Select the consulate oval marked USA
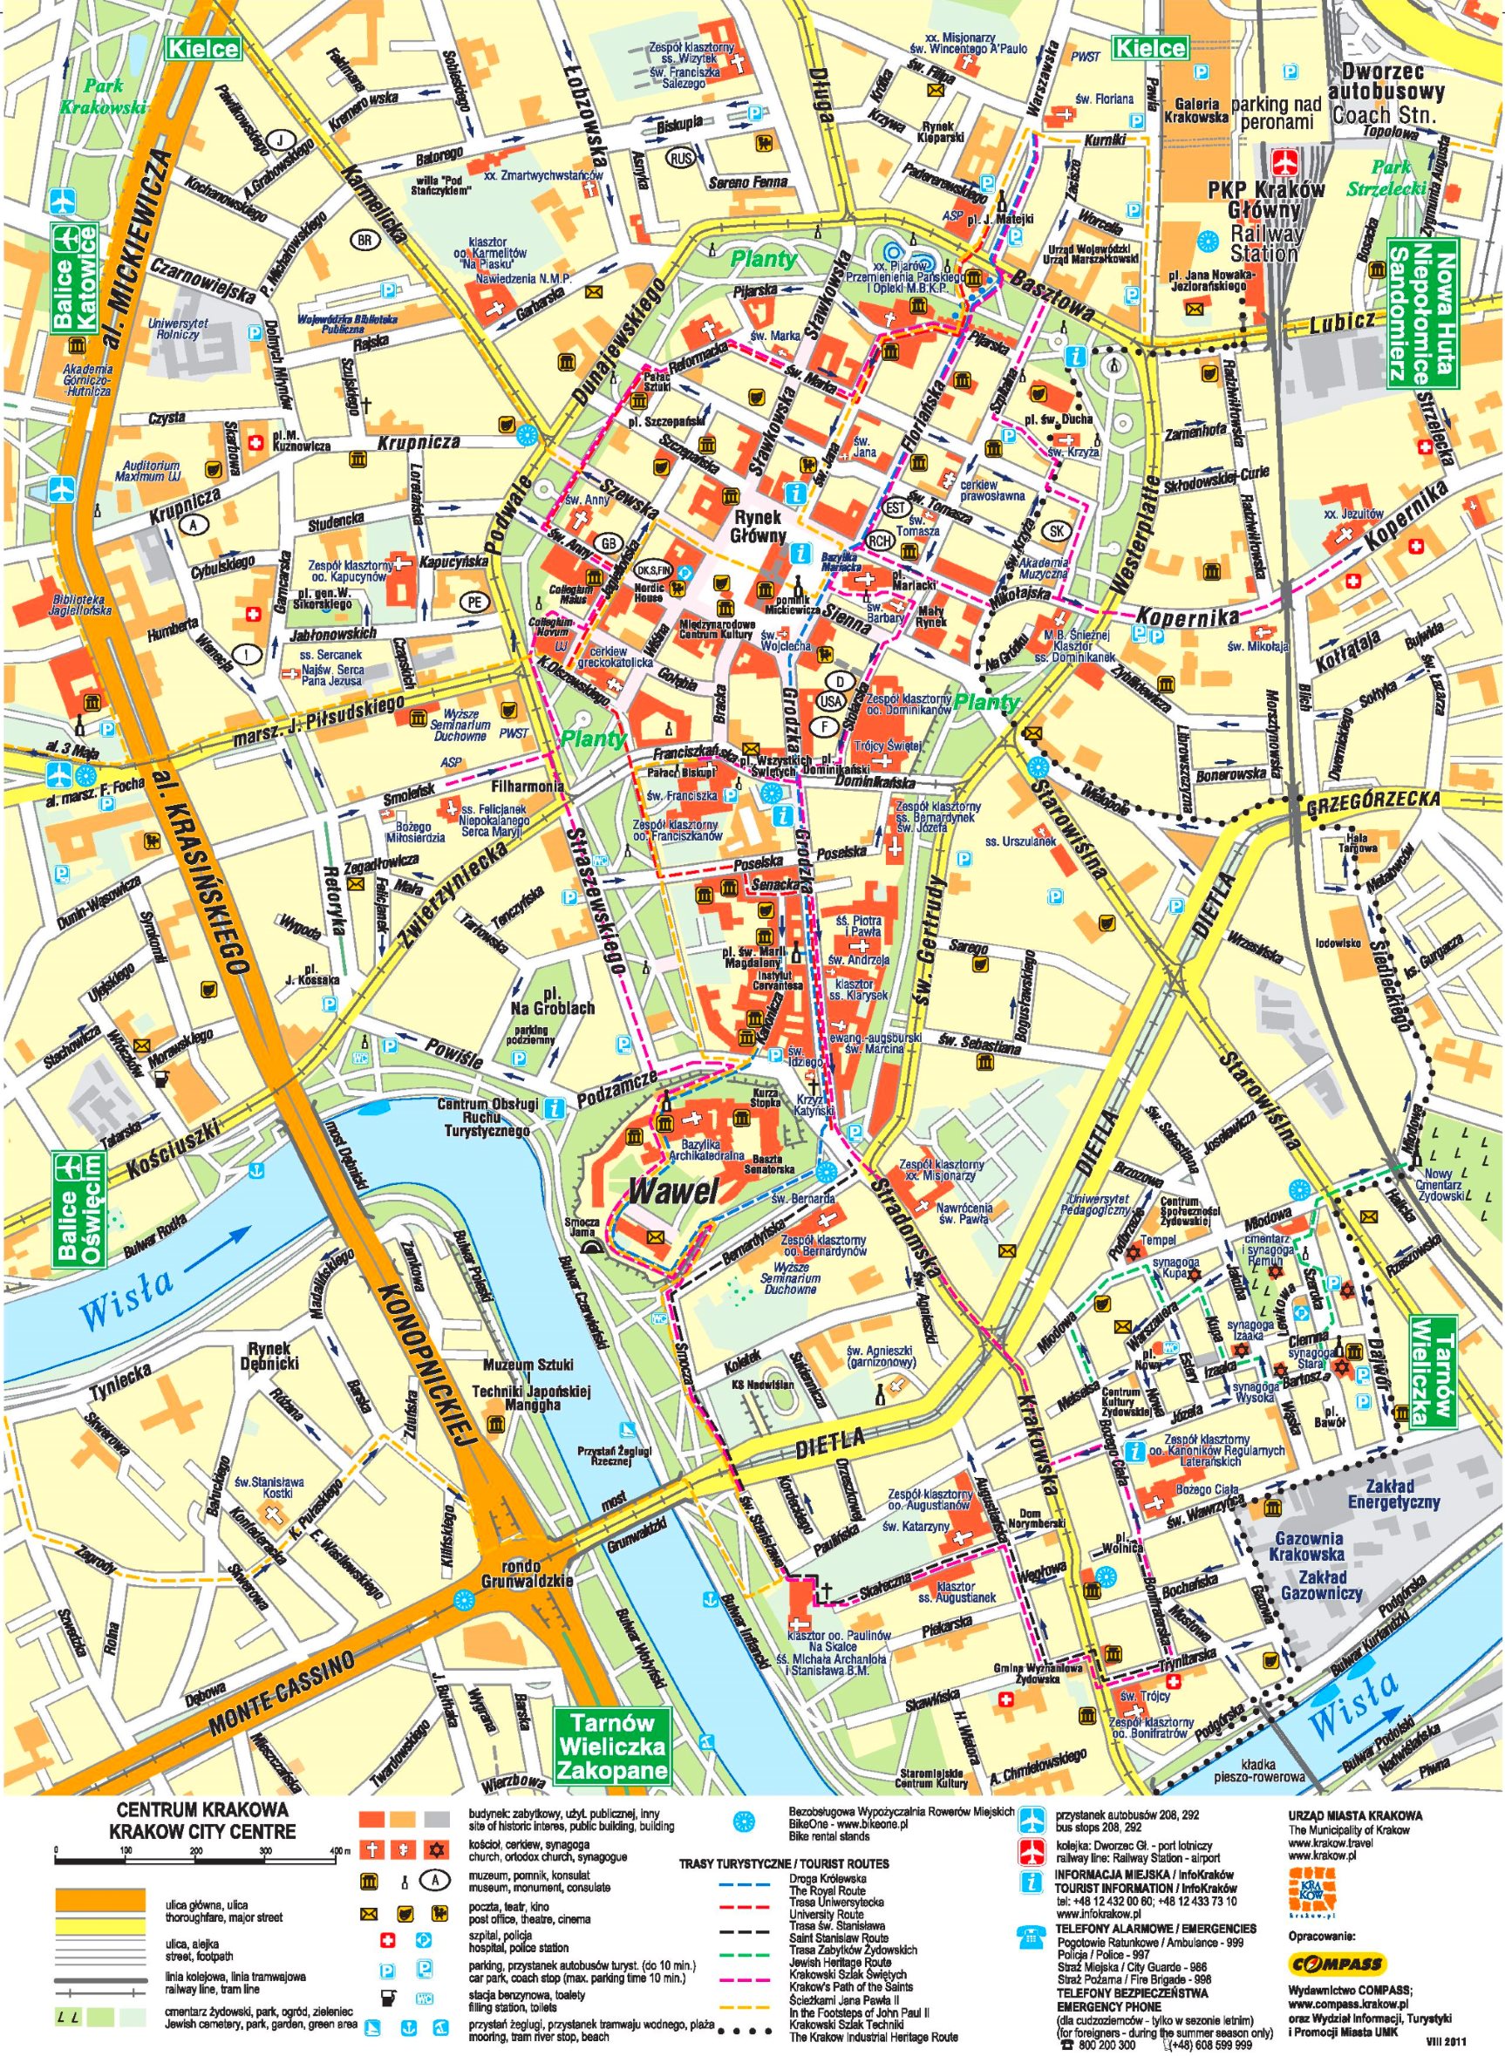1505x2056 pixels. [829, 700]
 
